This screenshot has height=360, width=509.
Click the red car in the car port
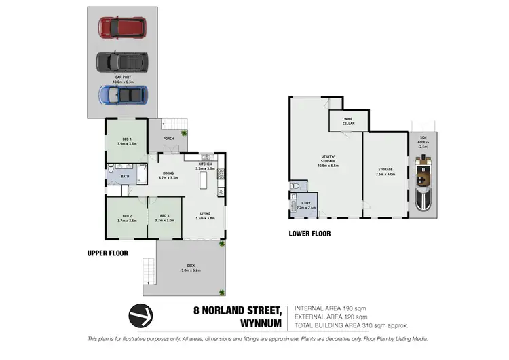pyautogui.click(x=121, y=28)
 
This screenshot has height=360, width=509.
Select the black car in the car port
pyautogui.click(x=122, y=62)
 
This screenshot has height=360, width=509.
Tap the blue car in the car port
pyautogui.click(x=122, y=94)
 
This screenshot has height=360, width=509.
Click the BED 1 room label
pyautogui.click(x=126, y=139)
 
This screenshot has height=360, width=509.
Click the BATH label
pyautogui.click(x=125, y=177)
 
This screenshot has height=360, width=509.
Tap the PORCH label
pyautogui.click(x=168, y=139)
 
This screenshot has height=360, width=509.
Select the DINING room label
pyautogui.click(x=168, y=173)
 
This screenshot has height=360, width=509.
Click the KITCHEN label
pyautogui.click(x=205, y=164)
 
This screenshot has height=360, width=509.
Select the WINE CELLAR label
pyautogui.click(x=347, y=120)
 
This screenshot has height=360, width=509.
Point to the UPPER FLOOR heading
pyautogui.click(x=107, y=253)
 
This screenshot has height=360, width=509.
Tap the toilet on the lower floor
pyautogui.click(x=293, y=185)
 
